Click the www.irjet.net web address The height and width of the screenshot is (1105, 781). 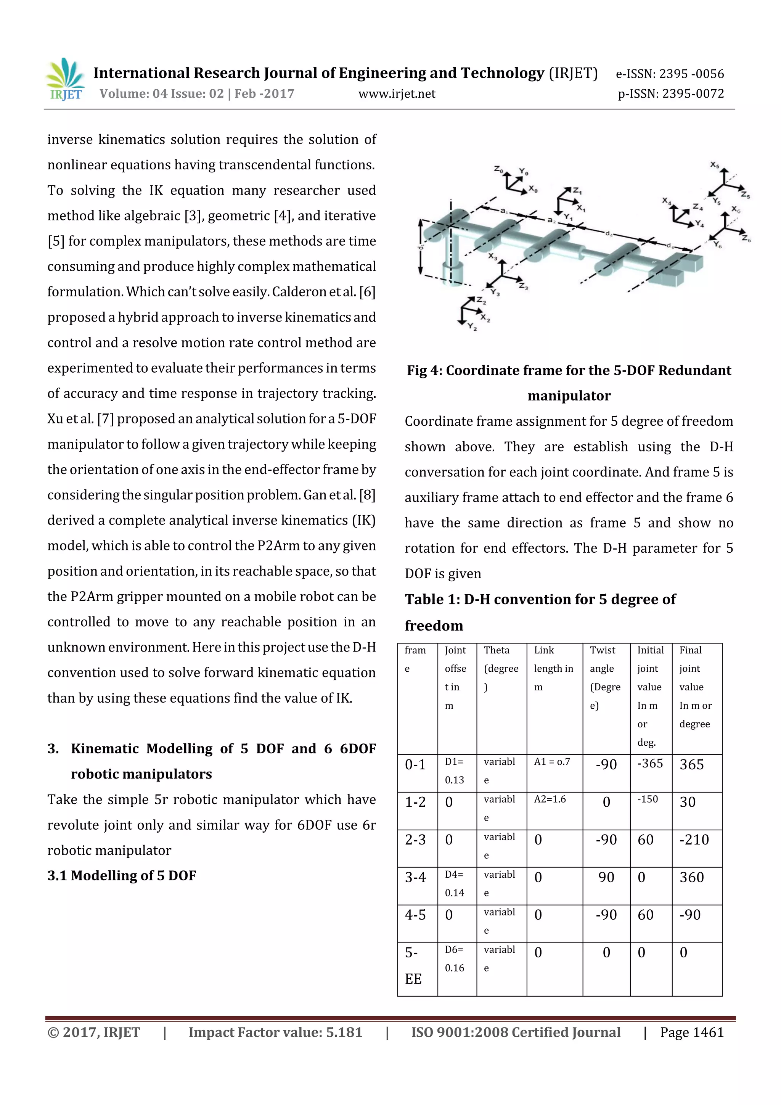397,94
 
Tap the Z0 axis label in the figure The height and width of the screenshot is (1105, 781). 498,169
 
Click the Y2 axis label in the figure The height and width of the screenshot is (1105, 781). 472,327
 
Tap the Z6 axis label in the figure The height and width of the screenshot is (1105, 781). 746,238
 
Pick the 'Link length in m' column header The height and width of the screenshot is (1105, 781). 553,669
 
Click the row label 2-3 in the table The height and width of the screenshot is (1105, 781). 415,840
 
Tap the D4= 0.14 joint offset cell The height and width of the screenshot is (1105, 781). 454,884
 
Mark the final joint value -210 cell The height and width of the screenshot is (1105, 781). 694,840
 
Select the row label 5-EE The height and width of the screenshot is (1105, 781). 413,965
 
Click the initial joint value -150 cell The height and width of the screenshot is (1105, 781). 648,799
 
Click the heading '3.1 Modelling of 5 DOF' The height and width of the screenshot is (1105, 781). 122,875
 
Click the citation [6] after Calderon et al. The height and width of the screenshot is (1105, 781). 367,292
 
